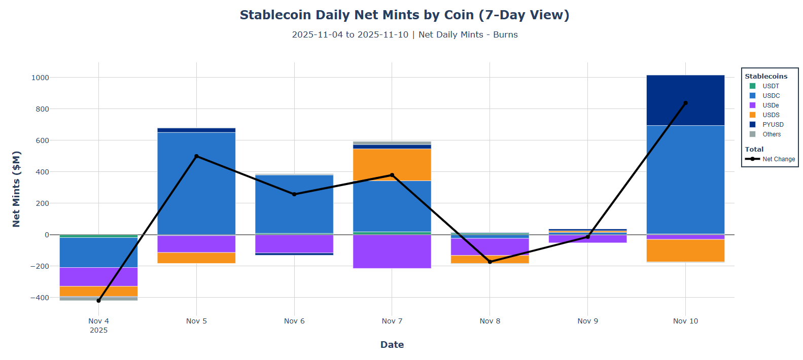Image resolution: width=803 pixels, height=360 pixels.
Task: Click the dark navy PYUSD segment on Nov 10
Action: (685, 100)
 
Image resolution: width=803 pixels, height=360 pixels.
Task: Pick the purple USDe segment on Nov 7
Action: (392, 251)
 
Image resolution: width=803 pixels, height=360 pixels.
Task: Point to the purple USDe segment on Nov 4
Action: (98, 276)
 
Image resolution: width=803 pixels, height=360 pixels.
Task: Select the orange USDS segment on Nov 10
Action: (685, 250)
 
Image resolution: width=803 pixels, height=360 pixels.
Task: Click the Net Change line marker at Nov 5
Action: (196, 156)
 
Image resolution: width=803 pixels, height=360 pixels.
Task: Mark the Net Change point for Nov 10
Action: (685, 103)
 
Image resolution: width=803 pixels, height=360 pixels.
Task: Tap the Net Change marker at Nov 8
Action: (490, 262)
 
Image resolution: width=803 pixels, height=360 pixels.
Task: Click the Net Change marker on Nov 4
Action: (98, 301)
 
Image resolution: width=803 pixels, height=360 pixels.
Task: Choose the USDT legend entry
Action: (770, 86)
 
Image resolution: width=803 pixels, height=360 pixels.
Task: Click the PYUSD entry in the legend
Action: (773, 125)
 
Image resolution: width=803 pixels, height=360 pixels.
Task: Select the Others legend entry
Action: (771, 134)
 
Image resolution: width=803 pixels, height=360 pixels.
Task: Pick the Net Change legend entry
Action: (778, 159)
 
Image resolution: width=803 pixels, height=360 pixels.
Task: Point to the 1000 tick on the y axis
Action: (40, 78)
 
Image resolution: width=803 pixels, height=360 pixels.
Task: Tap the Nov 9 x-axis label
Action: (587, 321)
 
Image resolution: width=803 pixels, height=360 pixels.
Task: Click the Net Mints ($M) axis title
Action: (16, 189)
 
